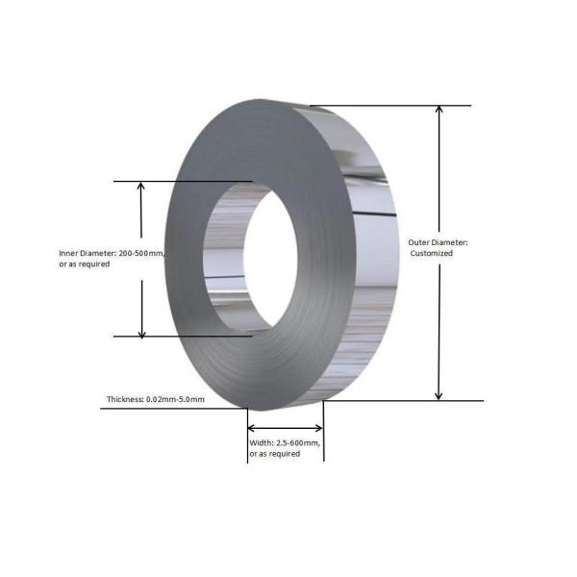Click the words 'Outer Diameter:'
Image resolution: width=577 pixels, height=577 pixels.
(438, 242)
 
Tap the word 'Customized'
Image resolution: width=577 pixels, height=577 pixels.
(431, 253)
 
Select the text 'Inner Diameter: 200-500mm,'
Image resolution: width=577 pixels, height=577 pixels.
(112, 254)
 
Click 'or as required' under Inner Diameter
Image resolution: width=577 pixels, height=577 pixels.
(85, 264)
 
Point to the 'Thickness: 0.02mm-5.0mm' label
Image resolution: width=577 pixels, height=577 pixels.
(156, 399)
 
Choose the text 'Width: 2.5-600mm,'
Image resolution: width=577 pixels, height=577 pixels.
(285, 443)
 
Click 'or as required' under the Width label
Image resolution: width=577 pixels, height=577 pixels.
(274, 454)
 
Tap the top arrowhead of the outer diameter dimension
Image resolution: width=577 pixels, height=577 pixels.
(439, 110)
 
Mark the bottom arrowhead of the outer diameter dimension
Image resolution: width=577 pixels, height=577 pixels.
(439, 396)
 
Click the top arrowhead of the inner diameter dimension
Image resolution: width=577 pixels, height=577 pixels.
(141, 186)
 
